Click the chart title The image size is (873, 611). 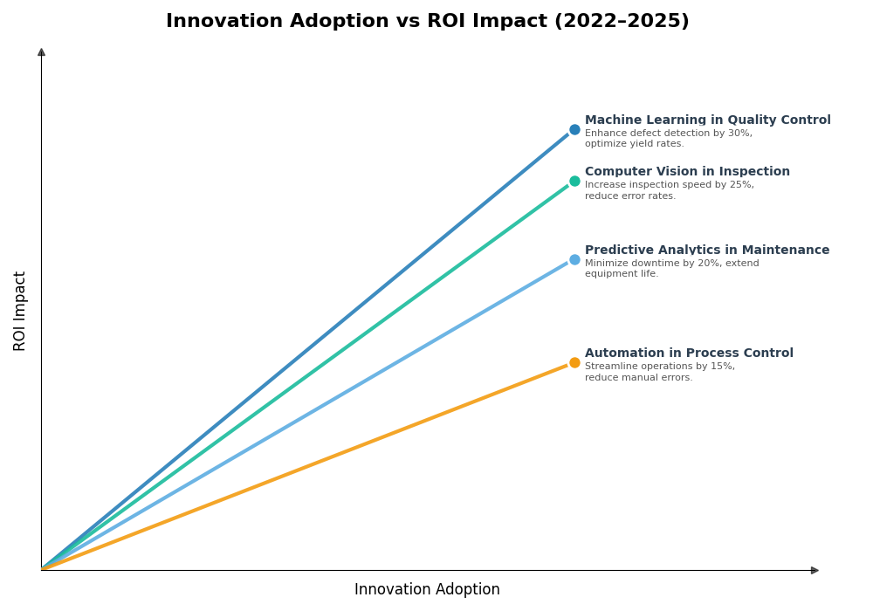click(427, 22)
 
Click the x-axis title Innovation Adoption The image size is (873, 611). click(427, 590)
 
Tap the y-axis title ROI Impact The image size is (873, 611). click(20, 311)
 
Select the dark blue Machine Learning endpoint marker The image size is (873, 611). click(574, 130)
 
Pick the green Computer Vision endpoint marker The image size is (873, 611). click(574, 182)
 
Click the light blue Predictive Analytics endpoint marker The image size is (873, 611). click(574, 260)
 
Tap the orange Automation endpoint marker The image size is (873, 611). click(574, 363)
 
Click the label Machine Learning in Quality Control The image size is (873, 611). click(707, 120)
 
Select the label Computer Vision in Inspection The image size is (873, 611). click(687, 172)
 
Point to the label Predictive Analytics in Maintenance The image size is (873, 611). click(707, 251)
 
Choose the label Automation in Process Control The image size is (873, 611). click(689, 354)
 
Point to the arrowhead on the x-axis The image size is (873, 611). click(815, 571)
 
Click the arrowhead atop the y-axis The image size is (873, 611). click(41, 52)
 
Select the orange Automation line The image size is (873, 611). click(306, 467)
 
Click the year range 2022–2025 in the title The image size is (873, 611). click(621, 22)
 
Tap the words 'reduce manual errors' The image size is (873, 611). click(638, 378)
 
